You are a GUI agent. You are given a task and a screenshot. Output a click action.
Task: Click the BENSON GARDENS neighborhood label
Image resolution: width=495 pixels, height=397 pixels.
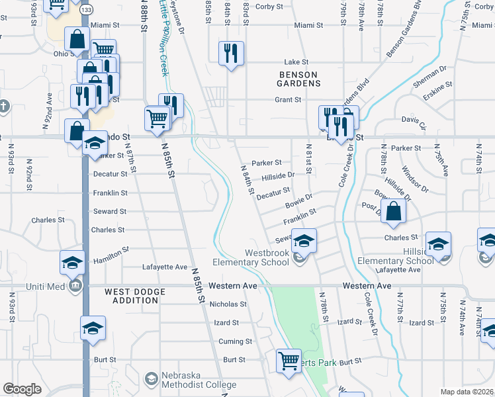(299, 79)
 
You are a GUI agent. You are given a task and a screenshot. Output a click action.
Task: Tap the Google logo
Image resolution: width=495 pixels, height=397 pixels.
(22, 389)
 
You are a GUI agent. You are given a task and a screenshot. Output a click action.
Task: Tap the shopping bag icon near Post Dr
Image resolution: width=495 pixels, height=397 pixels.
(393, 212)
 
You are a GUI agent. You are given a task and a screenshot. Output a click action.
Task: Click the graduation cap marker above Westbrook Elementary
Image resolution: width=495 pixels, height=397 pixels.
(304, 241)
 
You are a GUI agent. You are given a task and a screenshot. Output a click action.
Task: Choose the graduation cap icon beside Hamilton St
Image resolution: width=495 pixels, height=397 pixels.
(72, 262)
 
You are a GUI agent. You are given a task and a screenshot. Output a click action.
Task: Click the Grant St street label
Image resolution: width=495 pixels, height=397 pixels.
(288, 100)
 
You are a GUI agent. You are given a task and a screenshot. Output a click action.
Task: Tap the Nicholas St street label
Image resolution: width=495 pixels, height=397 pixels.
(228, 305)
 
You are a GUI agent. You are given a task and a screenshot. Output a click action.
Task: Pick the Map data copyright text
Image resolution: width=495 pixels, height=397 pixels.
(467, 392)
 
